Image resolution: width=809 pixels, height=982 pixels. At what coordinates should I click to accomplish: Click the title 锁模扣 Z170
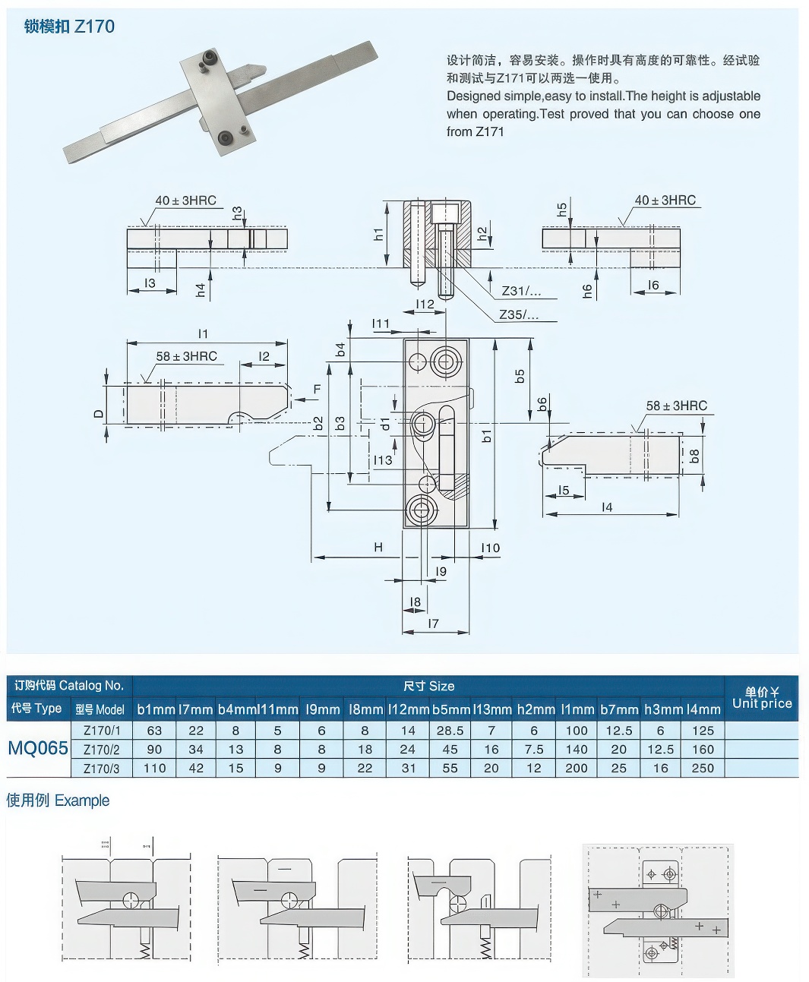69,27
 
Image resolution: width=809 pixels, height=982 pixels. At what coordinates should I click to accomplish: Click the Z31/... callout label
520,291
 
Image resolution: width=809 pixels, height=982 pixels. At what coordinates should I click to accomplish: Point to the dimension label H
378,547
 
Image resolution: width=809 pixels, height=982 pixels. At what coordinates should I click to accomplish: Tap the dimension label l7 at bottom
433,624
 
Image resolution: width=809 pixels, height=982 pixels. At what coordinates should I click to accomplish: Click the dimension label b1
486,435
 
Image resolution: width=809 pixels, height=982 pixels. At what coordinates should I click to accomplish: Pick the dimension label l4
606,507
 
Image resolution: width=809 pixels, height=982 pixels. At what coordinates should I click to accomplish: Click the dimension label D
99,414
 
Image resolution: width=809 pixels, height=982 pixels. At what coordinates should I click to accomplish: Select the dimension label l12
425,304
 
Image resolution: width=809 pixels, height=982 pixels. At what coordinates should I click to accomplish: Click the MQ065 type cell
38,748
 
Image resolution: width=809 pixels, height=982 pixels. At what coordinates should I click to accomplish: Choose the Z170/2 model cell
101,749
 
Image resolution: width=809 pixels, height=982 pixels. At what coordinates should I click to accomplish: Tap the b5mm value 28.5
450,730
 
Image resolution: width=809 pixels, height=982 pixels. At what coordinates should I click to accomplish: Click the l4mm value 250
703,768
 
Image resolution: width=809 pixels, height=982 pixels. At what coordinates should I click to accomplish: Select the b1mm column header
156,709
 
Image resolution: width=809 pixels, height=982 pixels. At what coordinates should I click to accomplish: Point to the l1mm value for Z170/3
577,768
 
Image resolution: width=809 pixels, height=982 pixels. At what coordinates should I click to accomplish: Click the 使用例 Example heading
58,800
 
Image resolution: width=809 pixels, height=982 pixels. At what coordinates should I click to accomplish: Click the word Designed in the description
473,96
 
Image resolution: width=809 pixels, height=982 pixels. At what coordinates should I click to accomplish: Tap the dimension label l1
203,333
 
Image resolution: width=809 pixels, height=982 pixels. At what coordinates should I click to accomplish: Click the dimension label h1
378,235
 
